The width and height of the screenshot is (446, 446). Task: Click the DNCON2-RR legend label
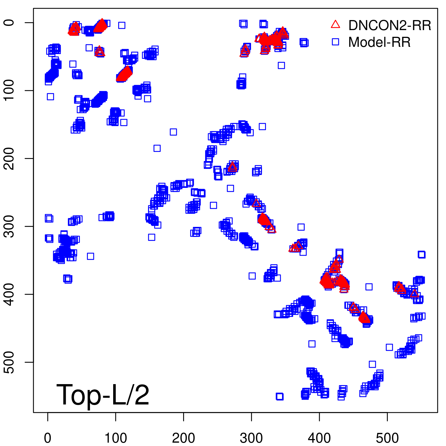click(389, 25)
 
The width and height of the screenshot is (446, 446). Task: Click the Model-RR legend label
click(379, 42)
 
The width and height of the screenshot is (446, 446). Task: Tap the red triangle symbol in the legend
click(335, 25)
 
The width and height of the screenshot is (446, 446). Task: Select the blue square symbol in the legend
click(335, 42)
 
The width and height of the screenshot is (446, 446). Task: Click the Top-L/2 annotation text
click(103, 395)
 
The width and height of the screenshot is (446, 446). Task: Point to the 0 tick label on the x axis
click(48, 438)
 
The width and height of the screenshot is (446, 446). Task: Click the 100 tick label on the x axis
click(116, 438)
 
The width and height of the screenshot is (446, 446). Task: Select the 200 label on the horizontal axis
click(183, 438)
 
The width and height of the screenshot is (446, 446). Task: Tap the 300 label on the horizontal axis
click(251, 438)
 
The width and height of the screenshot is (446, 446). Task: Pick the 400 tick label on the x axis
click(319, 438)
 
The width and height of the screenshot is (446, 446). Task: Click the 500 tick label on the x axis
click(387, 438)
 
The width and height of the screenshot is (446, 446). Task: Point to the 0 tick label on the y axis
click(9, 23)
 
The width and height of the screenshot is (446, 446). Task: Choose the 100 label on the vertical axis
click(9, 90)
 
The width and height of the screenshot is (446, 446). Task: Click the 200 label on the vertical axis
click(9, 158)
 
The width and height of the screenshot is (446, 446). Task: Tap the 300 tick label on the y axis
click(9, 226)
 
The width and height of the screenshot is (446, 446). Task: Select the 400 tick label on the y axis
click(9, 294)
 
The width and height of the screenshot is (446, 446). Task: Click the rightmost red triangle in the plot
click(415, 293)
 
